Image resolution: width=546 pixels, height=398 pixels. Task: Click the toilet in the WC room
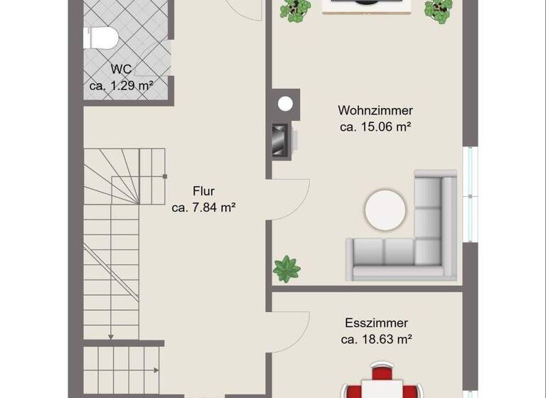pyautogui.click(x=100, y=38)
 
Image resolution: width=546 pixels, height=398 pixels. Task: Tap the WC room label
pyautogui.click(x=122, y=70)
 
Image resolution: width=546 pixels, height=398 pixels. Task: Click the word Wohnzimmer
pyautogui.click(x=375, y=111)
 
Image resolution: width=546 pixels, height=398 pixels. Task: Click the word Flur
pyautogui.click(x=203, y=191)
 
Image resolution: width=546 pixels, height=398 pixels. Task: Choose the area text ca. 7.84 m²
pyautogui.click(x=203, y=208)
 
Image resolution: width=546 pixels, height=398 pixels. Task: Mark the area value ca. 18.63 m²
pyautogui.click(x=377, y=339)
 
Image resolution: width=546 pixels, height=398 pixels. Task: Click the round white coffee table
pyautogui.click(x=385, y=210)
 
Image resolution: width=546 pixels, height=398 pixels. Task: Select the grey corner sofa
pyautogui.click(x=427, y=242)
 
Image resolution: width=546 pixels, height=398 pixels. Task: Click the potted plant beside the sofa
pyautogui.click(x=287, y=269)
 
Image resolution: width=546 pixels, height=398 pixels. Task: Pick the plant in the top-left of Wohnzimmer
pyautogui.click(x=295, y=9)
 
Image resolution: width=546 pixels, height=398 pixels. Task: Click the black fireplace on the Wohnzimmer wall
pyautogui.click(x=280, y=140)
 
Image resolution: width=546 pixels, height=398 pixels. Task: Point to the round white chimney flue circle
pyautogui.click(x=285, y=104)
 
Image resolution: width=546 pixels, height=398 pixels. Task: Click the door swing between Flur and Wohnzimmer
pyautogui.click(x=290, y=199)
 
